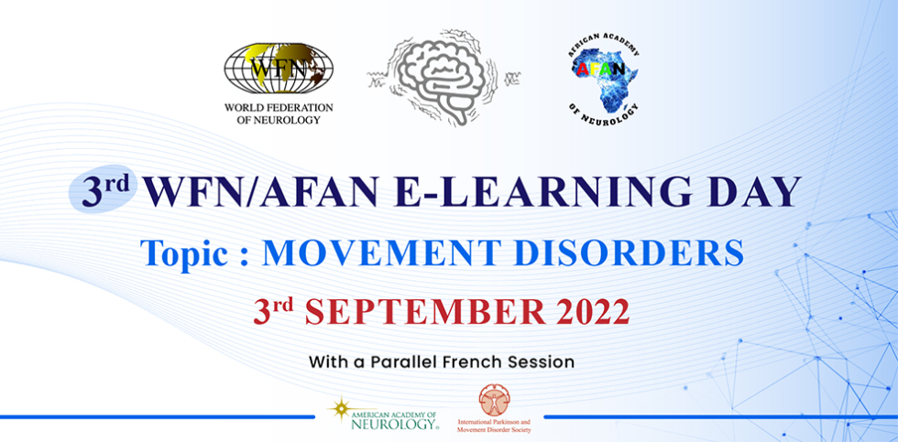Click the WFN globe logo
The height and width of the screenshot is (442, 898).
click(x=279, y=68)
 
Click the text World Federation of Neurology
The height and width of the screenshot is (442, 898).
click(x=279, y=113)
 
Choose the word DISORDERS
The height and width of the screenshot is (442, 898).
click(x=629, y=253)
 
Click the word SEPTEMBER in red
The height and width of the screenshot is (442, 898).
click(x=424, y=311)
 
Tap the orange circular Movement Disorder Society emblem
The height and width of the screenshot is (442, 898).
click(x=494, y=400)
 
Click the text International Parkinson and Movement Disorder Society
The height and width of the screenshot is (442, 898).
click(x=494, y=426)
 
